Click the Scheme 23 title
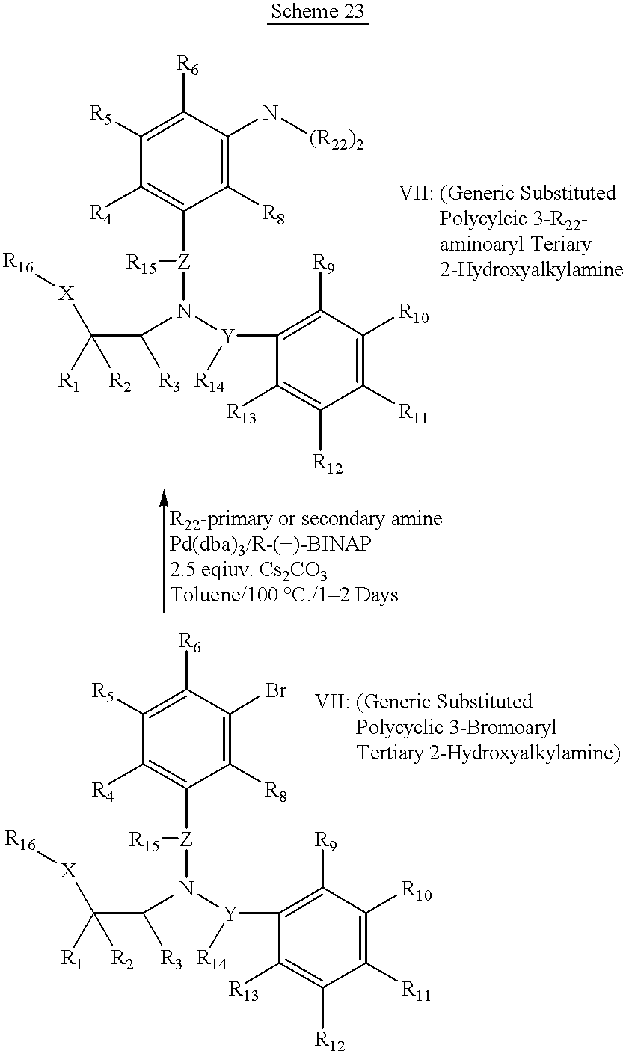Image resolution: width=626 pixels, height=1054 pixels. pyautogui.click(x=317, y=11)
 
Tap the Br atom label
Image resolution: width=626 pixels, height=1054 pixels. pyautogui.click(x=276, y=690)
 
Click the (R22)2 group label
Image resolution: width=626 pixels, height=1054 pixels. pyautogui.click(x=337, y=141)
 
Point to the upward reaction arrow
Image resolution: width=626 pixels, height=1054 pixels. pyautogui.click(x=164, y=551)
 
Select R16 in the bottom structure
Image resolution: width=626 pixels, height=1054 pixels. pyautogui.click(x=21, y=842)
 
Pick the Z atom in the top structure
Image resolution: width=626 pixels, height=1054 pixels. pyautogui.click(x=183, y=262)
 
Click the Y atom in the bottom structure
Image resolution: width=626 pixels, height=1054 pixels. pyautogui.click(x=230, y=914)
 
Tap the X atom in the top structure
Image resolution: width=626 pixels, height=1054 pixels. pyautogui.click(x=67, y=295)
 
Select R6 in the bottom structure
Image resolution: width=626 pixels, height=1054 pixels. pyautogui.click(x=189, y=643)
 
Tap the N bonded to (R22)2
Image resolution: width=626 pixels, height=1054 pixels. pyautogui.click(x=270, y=113)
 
